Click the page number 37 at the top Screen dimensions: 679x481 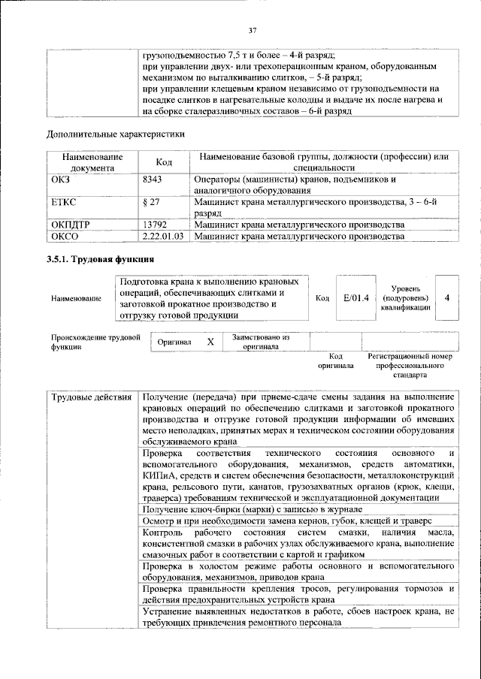[x=253, y=30]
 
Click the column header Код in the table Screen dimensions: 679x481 [x=163, y=162]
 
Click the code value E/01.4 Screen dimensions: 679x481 [x=356, y=298]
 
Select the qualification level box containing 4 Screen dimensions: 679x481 [x=447, y=297]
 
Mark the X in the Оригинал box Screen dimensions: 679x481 [x=210, y=343]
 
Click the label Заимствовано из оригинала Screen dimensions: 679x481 [x=261, y=342]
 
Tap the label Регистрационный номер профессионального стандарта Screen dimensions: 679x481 [x=410, y=364]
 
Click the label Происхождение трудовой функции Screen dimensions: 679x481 [x=95, y=343]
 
